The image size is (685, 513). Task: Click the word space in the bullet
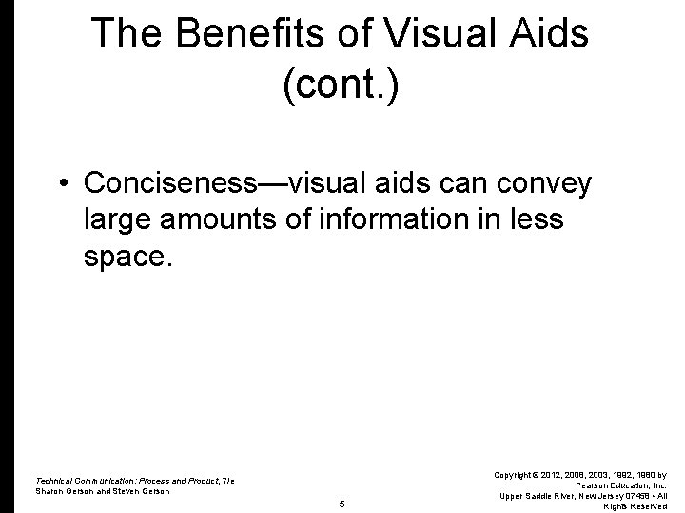pyautogui.click(x=125, y=258)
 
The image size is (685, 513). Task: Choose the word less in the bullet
pyautogui.click(x=538, y=219)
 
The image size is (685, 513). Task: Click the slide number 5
pyautogui.click(x=342, y=504)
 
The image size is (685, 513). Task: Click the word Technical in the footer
pyautogui.click(x=56, y=480)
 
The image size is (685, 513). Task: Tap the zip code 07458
pyautogui.click(x=637, y=496)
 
